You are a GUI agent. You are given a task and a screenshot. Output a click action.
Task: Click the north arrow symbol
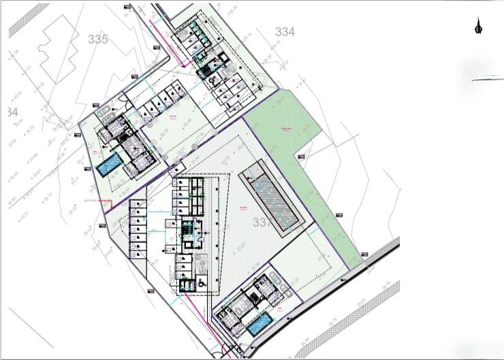point(478,28)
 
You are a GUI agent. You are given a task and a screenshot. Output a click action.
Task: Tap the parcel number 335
point(98,39)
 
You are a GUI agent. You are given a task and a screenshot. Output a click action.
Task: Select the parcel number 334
point(285,31)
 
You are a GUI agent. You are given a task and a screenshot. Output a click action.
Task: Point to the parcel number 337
point(262,223)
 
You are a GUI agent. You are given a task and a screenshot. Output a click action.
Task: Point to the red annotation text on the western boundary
point(95,201)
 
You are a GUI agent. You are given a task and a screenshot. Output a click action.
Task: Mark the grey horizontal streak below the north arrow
point(488,80)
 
